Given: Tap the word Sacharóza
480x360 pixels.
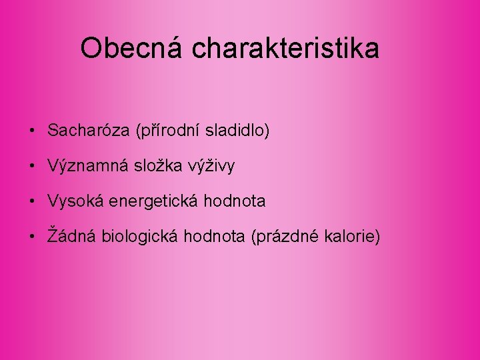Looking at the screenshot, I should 89,131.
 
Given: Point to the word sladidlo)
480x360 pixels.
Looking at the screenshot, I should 237,131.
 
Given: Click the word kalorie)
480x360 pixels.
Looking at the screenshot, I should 351,235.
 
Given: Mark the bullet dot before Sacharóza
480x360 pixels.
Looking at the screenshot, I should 32,131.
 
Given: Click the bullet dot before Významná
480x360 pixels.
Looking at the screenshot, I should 32,166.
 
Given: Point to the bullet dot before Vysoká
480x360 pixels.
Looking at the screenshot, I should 32,201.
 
